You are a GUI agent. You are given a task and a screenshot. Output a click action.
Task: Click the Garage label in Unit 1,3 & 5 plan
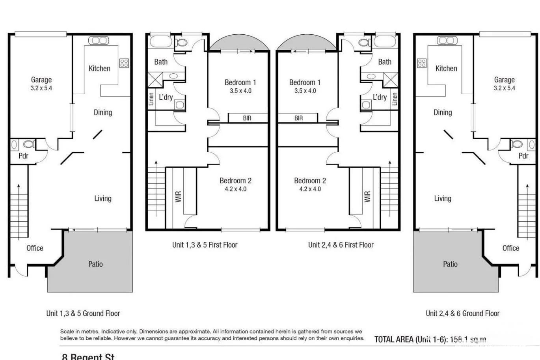(x=41, y=80)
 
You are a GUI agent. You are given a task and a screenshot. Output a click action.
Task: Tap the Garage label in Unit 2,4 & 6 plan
(x=504, y=80)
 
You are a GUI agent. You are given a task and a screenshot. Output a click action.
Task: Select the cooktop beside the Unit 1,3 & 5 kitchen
(x=124, y=63)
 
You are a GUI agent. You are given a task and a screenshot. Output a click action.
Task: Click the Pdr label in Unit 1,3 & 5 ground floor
(x=23, y=156)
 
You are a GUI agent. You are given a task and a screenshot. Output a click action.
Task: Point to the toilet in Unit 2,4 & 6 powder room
(x=517, y=144)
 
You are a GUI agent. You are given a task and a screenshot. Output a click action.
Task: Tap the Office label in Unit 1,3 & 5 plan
(x=35, y=248)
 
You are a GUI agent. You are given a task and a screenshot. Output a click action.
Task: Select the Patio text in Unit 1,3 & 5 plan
(x=95, y=264)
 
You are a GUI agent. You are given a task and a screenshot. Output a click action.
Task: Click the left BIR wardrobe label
(x=247, y=118)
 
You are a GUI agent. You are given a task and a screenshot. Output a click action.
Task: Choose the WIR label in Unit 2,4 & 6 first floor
(x=367, y=196)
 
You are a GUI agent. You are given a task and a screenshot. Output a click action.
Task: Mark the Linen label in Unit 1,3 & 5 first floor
(x=151, y=99)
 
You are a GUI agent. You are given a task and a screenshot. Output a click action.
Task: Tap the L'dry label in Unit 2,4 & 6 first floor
(x=380, y=97)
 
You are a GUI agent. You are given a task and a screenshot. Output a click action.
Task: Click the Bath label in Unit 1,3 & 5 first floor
(x=161, y=62)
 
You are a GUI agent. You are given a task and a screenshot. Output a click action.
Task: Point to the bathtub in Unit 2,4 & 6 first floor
(x=384, y=41)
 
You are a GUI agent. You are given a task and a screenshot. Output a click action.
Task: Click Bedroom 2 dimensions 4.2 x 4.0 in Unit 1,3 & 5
(x=236, y=189)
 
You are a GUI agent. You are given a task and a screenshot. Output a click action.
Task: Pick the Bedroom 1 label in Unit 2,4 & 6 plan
(x=305, y=82)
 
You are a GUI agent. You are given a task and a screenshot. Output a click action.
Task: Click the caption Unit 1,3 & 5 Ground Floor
(x=83, y=313)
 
